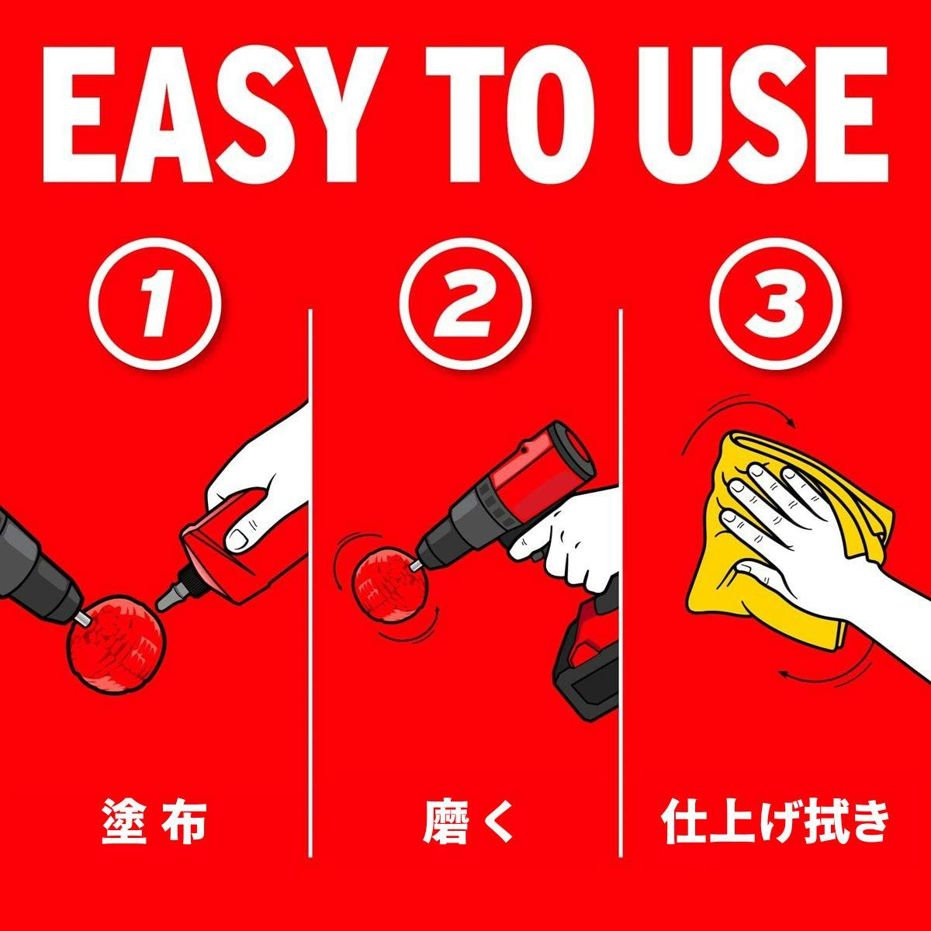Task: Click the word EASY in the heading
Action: coord(214,115)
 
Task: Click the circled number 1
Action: coord(155,304)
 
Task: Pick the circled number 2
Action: coord(465,304)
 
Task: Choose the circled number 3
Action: coord(775,304)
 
